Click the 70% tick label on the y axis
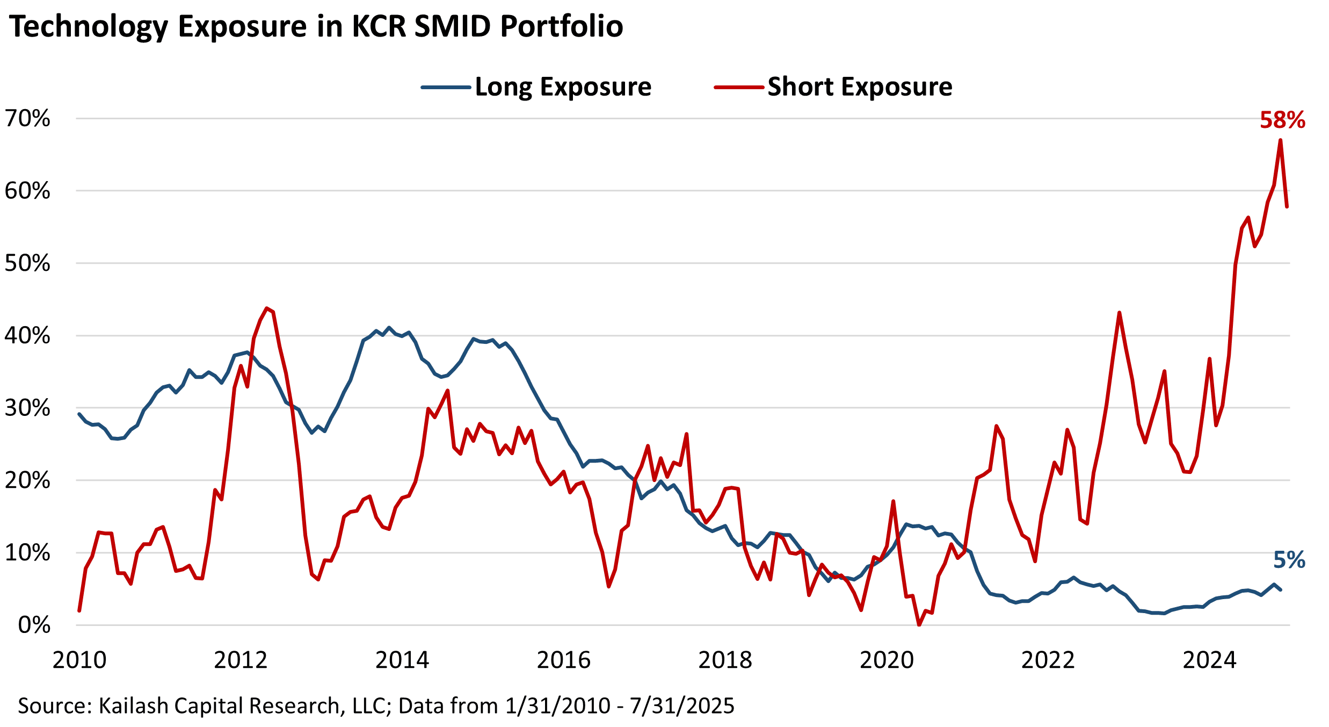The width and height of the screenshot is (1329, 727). (27, 119)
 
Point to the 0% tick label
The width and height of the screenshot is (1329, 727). (34, 625)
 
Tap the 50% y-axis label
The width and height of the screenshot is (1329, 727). (27, 263)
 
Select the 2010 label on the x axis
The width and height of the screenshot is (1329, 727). (79, 660)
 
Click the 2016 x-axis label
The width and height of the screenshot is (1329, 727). (563, 660)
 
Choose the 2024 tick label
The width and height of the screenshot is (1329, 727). (1209, 660)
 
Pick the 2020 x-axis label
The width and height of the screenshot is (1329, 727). (887, 660)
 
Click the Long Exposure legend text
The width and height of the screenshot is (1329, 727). (563, 87)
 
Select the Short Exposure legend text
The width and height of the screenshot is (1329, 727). (860, 87)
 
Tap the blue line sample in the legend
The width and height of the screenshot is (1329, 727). (446, 87)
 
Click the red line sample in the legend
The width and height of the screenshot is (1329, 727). (739, 87)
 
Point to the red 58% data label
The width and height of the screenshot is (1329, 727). (1282, 120)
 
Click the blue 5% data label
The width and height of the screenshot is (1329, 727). (1289, 560)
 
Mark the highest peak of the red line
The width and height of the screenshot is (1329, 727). (1281, 140)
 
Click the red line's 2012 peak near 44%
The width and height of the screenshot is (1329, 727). (267, 308)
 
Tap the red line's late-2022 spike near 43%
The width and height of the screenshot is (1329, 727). (1119, 313)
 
